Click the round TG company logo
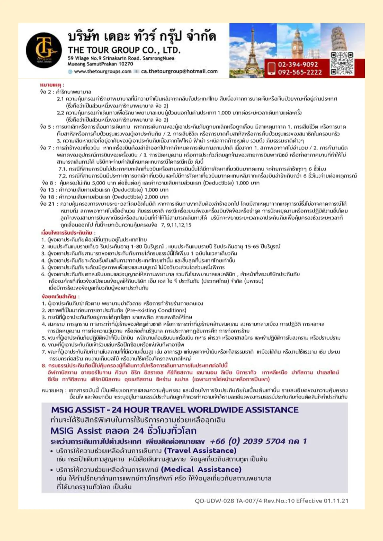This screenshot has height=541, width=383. tap(44, 50)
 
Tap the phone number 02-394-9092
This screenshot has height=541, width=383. tap(298, 64)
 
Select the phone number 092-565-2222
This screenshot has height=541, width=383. tap(299, 72)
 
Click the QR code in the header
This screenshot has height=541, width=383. tap(342, 64)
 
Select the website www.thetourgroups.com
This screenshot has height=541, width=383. tap(102, 72)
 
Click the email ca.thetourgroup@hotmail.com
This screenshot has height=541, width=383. tap(179, 72)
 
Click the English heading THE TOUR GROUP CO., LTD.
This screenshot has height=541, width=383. tap(124, 50)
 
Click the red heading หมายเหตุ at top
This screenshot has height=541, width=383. tap(52, 85)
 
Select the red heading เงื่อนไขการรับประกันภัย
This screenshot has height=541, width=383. tap(68, 232)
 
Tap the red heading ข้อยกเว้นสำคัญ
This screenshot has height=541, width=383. tap(60, 297)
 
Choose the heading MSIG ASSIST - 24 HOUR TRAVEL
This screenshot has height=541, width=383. tap(175, 410)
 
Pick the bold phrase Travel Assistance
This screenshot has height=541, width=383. tap(200, 451)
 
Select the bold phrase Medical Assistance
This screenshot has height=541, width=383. tap(201, 469)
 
